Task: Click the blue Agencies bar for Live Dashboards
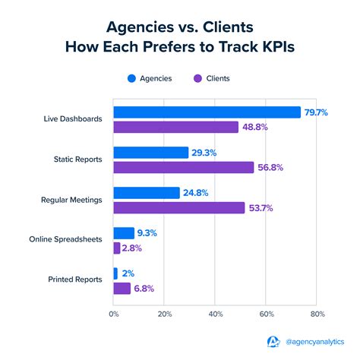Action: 207,112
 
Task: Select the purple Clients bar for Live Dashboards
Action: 175,127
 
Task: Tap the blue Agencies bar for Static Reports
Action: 150,153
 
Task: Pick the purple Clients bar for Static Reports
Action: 183,167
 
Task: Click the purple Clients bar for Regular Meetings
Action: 179,207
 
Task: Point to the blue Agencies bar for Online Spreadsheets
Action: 124,233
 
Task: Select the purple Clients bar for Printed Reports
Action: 122,288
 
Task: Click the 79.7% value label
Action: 316,112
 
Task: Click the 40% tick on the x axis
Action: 216,313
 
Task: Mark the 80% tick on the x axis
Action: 317,313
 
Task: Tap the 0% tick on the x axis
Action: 114,313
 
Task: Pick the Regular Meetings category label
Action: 71,201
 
